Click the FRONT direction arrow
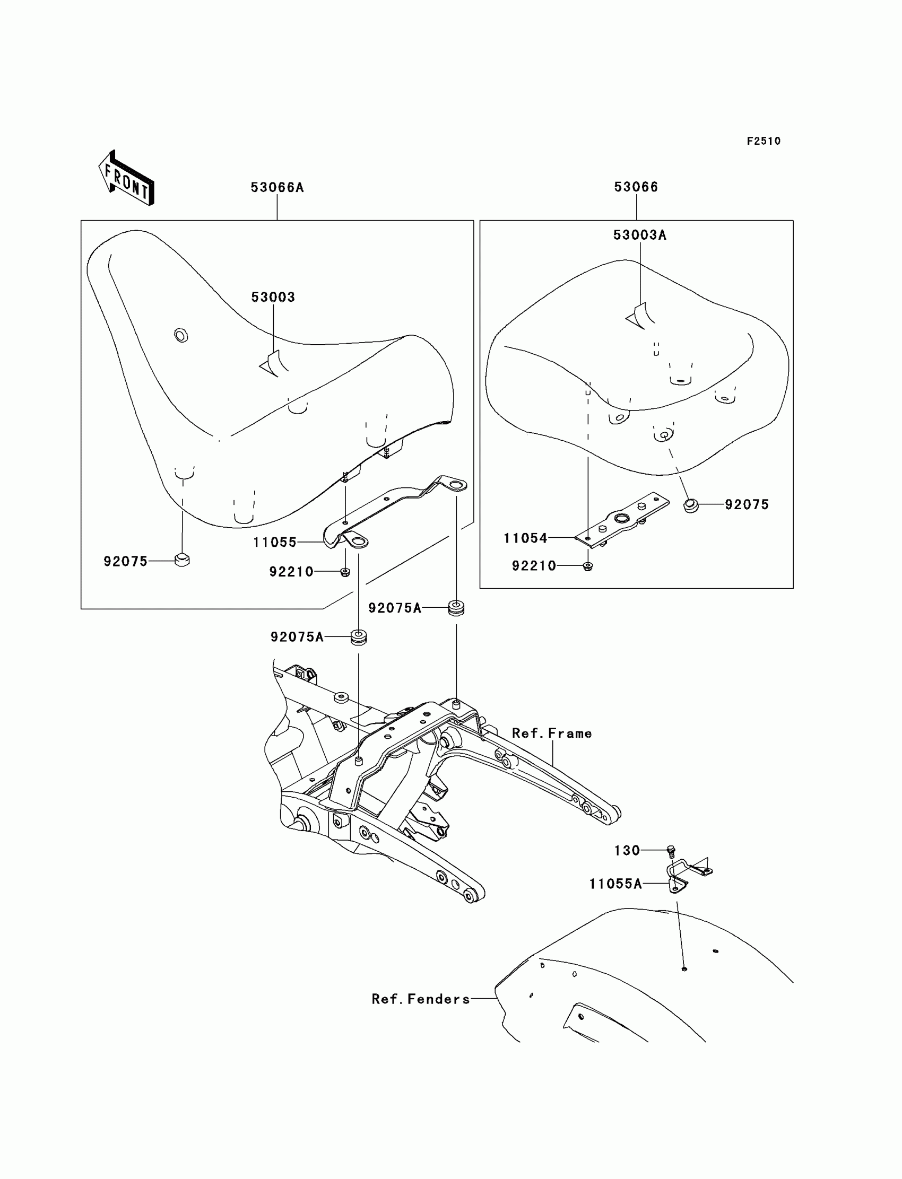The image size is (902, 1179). pos(127,179)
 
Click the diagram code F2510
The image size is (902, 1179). pos(764,141)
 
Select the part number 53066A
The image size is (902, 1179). pos(277,187)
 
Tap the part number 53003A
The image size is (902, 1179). pos(639,235)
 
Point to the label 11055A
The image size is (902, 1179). pos(615,884)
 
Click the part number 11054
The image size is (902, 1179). pos(525,538)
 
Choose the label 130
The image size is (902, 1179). pos(627,851)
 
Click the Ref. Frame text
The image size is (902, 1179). pos(551,733)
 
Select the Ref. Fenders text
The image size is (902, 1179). pos(420,999)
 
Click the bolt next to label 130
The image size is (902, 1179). pos(671,850)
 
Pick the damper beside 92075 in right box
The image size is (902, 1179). pos(690,505)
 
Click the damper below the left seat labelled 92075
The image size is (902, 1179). pos(182,560)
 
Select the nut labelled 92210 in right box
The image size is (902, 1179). pos(588,566)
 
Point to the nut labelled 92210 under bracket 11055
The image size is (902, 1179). pos(345,572)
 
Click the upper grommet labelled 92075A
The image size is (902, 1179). pos(456,608)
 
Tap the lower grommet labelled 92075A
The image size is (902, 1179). pos(358,637)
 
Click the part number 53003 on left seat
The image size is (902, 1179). pos(273,298)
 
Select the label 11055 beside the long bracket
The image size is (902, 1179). pos(274,543)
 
